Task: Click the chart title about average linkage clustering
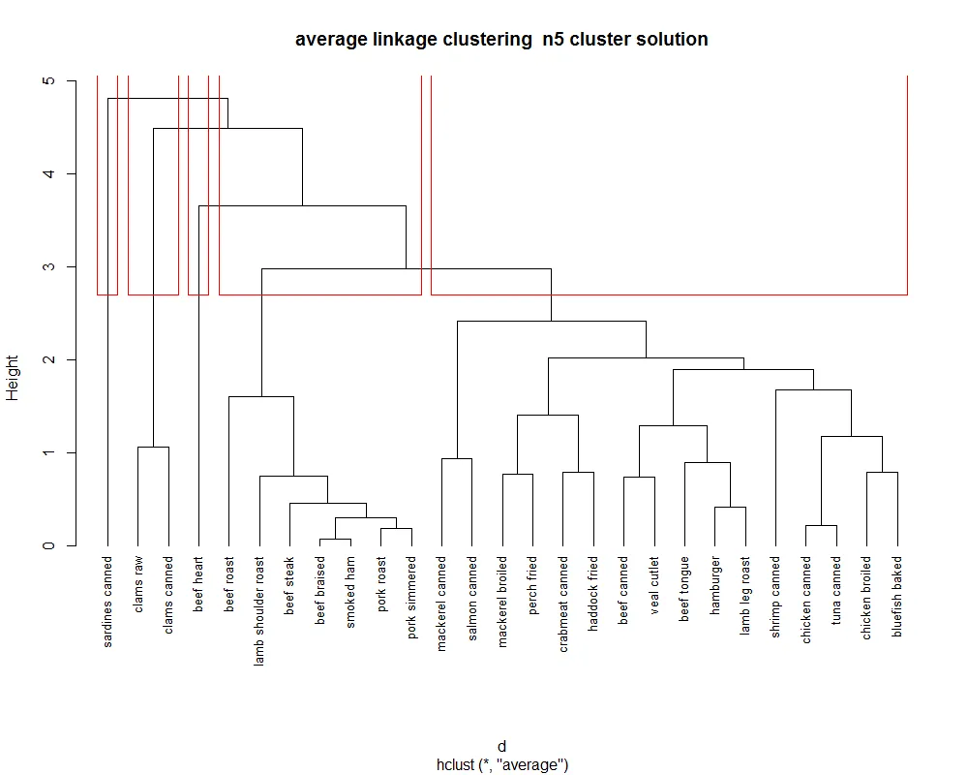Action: coord(501,40)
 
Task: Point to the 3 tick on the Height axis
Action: coord(46,266)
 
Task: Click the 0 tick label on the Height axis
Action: coord(46,545)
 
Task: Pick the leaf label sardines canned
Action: coord(107,602)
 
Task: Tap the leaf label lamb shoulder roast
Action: coord(260,610)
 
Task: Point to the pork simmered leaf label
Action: coord(412,596)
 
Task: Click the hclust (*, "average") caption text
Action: coord(501,765)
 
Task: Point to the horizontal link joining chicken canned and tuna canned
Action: coord(822,526)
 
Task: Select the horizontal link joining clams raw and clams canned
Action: coord(154,447)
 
